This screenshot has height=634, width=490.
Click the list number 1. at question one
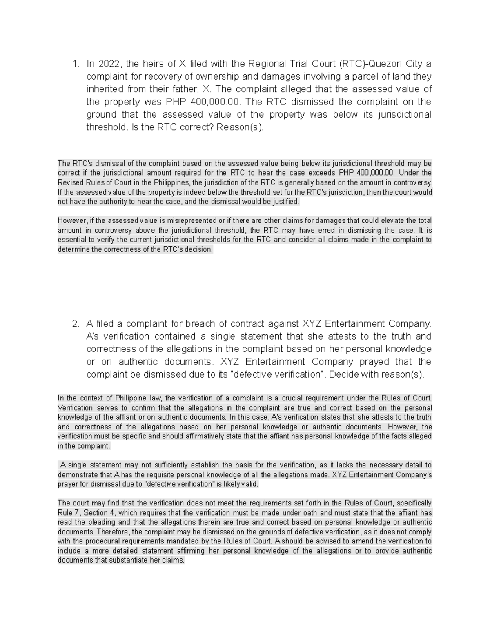75,64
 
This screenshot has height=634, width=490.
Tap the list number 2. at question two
75,324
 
